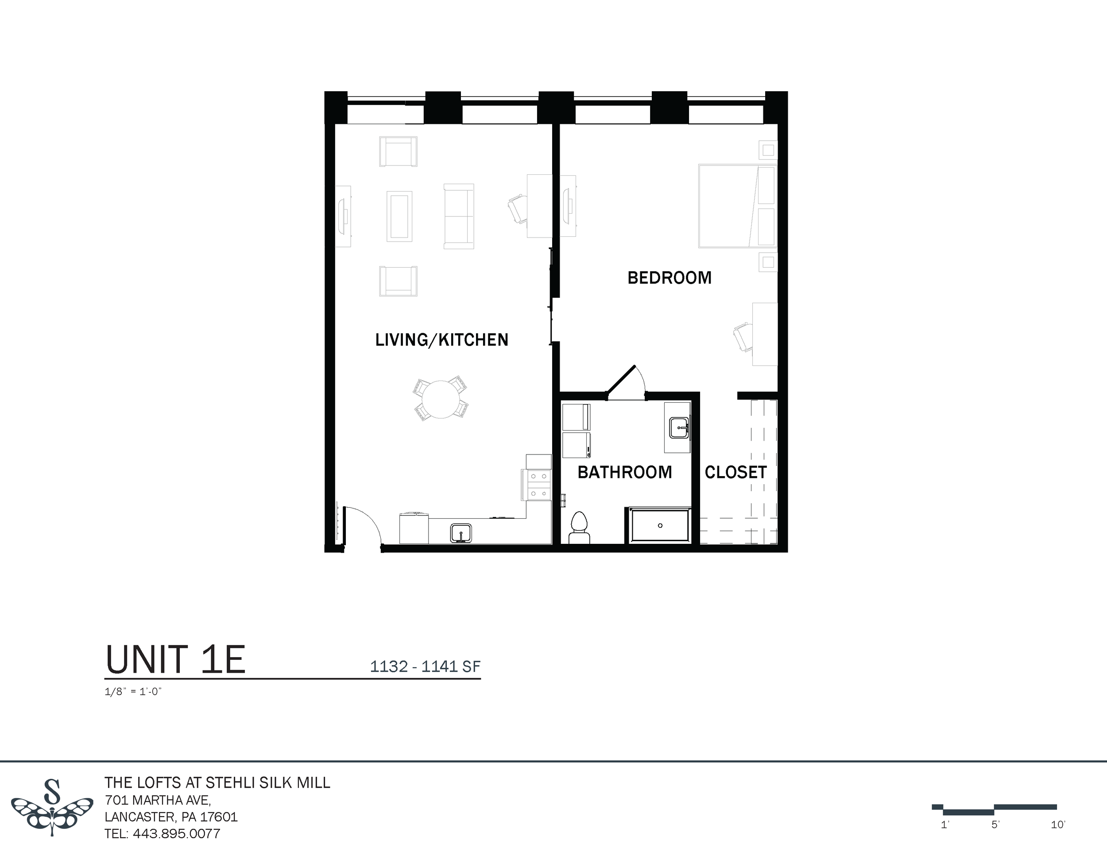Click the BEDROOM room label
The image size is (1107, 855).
click(669, 277)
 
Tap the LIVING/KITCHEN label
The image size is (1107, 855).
click(441, 340)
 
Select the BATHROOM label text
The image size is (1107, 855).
click(624, 472)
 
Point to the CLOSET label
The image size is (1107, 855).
click(735, 472)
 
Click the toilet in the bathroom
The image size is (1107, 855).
click(579, 527)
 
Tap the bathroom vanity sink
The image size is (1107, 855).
click(678, 428)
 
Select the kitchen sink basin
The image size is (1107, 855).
click(461, 533)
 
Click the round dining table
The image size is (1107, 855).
click(441, 399)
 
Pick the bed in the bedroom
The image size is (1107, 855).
click(737, 206)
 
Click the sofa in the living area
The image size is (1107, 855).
click(459, 216)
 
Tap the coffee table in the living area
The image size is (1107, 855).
click(399, 216)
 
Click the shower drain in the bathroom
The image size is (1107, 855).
click(660, 525)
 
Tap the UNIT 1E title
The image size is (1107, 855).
click(175, 659)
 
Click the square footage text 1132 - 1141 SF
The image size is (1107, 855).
click(425, 666)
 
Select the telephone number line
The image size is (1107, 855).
click(162, 834)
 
